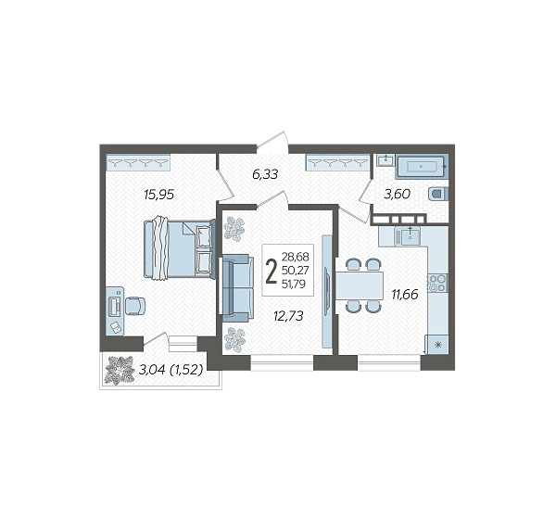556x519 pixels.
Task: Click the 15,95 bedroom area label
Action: (158, 195)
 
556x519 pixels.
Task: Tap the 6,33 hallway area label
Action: (265, 174)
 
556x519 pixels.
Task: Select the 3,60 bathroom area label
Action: (398, 194)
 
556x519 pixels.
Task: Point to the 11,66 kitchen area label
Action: (405, 294)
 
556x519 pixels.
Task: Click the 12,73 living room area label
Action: (288, 316)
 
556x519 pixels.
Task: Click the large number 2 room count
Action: (272, 272)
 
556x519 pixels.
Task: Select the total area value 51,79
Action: (294, 284)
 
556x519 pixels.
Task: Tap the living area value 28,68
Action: (296, 256)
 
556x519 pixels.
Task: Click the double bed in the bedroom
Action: (180, 248)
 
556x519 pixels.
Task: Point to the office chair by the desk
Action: (135, 306)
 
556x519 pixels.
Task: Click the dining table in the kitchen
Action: (360, 285)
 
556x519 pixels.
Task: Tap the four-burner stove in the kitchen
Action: (437, 283)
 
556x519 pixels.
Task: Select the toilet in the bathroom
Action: (438, 194)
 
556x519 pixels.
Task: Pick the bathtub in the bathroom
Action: (422, 166)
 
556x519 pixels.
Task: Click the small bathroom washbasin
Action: (385, 160)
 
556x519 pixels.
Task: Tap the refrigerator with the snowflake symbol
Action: (438, 344)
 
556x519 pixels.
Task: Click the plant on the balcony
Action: (120, 370)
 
